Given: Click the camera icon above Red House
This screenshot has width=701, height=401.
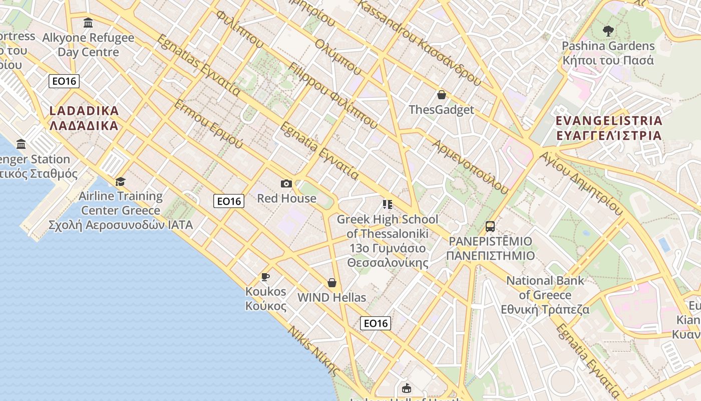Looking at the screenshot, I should coord(286,184).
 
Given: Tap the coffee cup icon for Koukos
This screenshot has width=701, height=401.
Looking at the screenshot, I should coord(265,277).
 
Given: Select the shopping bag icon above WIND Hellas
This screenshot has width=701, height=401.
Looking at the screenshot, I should coord(331,283).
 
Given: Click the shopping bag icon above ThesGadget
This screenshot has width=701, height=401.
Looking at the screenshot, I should coord(442,95).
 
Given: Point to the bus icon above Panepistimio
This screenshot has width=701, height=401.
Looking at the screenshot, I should coord(490,227).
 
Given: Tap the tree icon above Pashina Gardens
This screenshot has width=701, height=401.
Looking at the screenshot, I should coord(608,31).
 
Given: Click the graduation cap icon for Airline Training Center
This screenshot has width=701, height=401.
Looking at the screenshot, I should coord(120,181).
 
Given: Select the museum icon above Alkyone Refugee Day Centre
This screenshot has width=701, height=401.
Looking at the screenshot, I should coord(88,23).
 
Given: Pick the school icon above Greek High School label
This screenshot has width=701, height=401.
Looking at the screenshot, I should coord(387,205).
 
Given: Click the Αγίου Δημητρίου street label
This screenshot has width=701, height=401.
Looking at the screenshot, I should coord(580,182).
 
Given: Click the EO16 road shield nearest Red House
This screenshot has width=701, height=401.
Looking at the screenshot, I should coord(229,202).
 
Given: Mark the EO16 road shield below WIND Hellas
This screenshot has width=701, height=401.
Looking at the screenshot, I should coord(376,323).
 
